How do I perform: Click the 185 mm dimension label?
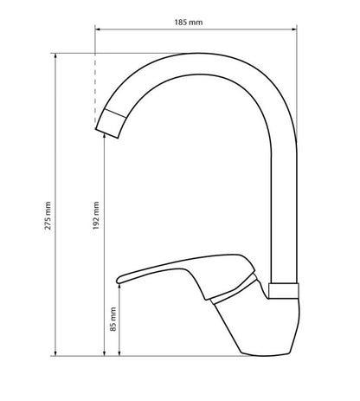[189, 23]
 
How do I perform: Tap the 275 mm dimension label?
[48, 216]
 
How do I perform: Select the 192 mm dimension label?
[96, 216]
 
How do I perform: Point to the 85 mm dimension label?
[113, 319]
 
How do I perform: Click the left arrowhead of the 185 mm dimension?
[97, 29]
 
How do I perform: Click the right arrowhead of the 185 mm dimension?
[294, 29]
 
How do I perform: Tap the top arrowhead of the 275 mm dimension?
[55, 55]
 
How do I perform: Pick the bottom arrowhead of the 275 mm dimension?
[55, 353]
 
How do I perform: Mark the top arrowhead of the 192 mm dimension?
[105, 136]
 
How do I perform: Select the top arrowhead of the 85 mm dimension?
[119, 287]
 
